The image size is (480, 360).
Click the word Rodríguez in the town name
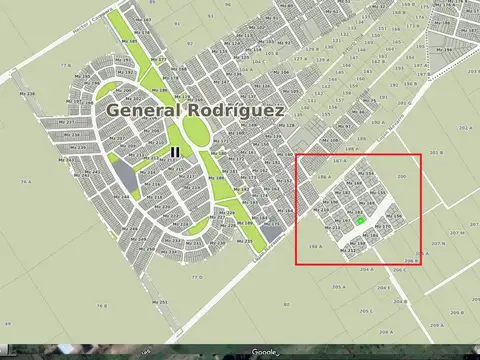(x=231, y=110)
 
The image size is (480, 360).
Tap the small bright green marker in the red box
(x=361, y=220)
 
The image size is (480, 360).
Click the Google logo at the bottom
(x=263, y=352)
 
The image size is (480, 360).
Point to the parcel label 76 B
(x=102, y=305)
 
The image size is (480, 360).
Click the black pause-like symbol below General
(x=175, y=153)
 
